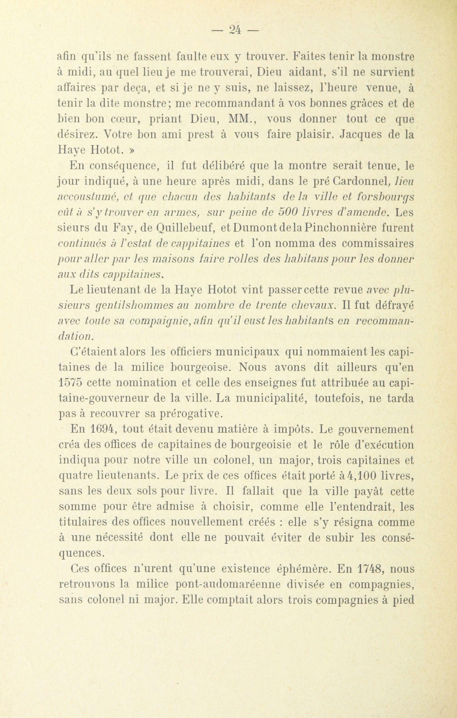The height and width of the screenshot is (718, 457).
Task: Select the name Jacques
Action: pos(361,135)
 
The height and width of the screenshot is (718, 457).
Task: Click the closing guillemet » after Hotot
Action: pos(132,150)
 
